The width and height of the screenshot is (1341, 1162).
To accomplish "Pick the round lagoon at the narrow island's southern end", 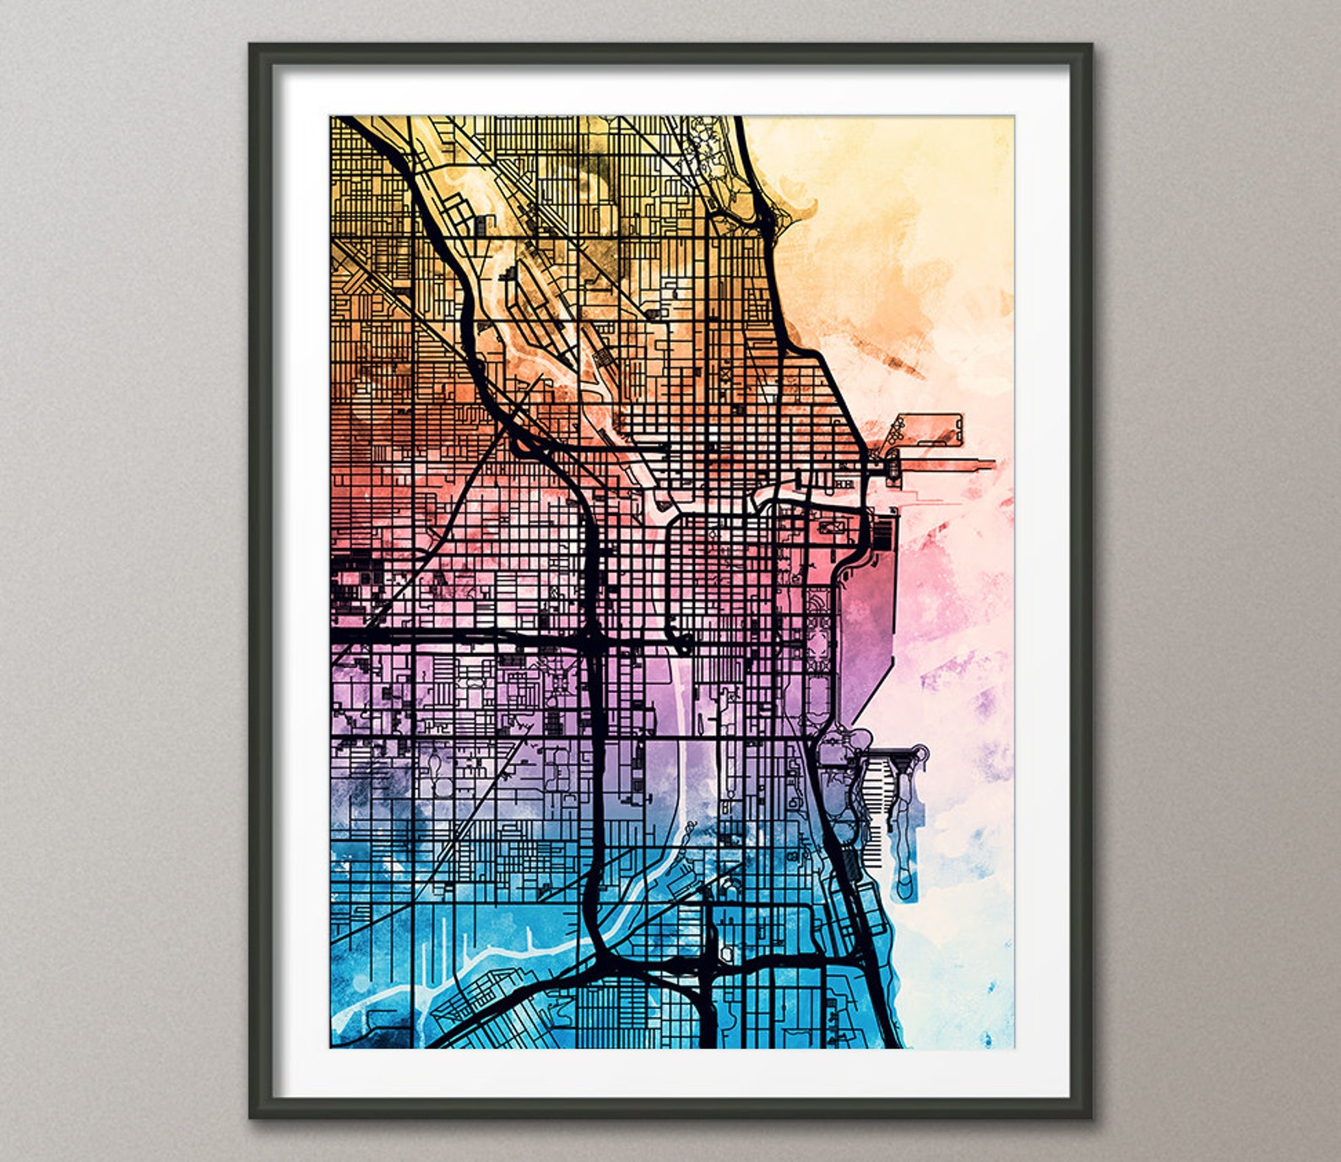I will [x=904, y=887].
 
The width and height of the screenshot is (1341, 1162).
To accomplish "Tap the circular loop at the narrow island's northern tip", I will [x=921, y=752].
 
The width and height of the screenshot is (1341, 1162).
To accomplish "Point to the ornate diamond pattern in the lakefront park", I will [x=817, y=642].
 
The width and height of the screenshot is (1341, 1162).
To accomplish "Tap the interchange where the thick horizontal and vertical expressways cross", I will [x=591, y=638].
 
